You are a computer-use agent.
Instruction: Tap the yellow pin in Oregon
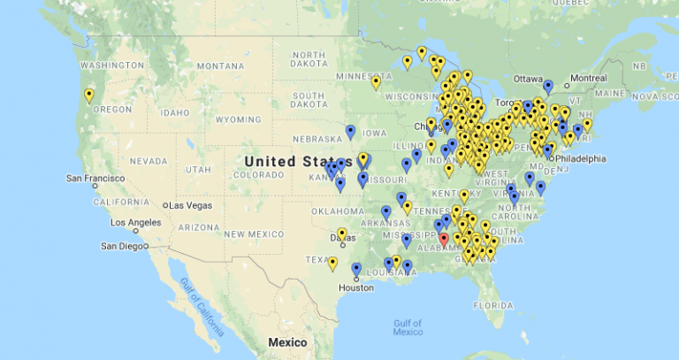88,95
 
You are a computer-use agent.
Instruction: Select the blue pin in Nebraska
350,132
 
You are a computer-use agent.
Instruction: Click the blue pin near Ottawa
548,86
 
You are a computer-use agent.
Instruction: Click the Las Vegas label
191,205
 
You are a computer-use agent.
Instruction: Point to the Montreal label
588,78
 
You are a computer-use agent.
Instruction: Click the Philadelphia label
582,158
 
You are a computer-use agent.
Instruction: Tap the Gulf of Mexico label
408,326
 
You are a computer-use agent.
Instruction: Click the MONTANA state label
219,66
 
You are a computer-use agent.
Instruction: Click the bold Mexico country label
287,342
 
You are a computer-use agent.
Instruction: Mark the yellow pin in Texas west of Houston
332,263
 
